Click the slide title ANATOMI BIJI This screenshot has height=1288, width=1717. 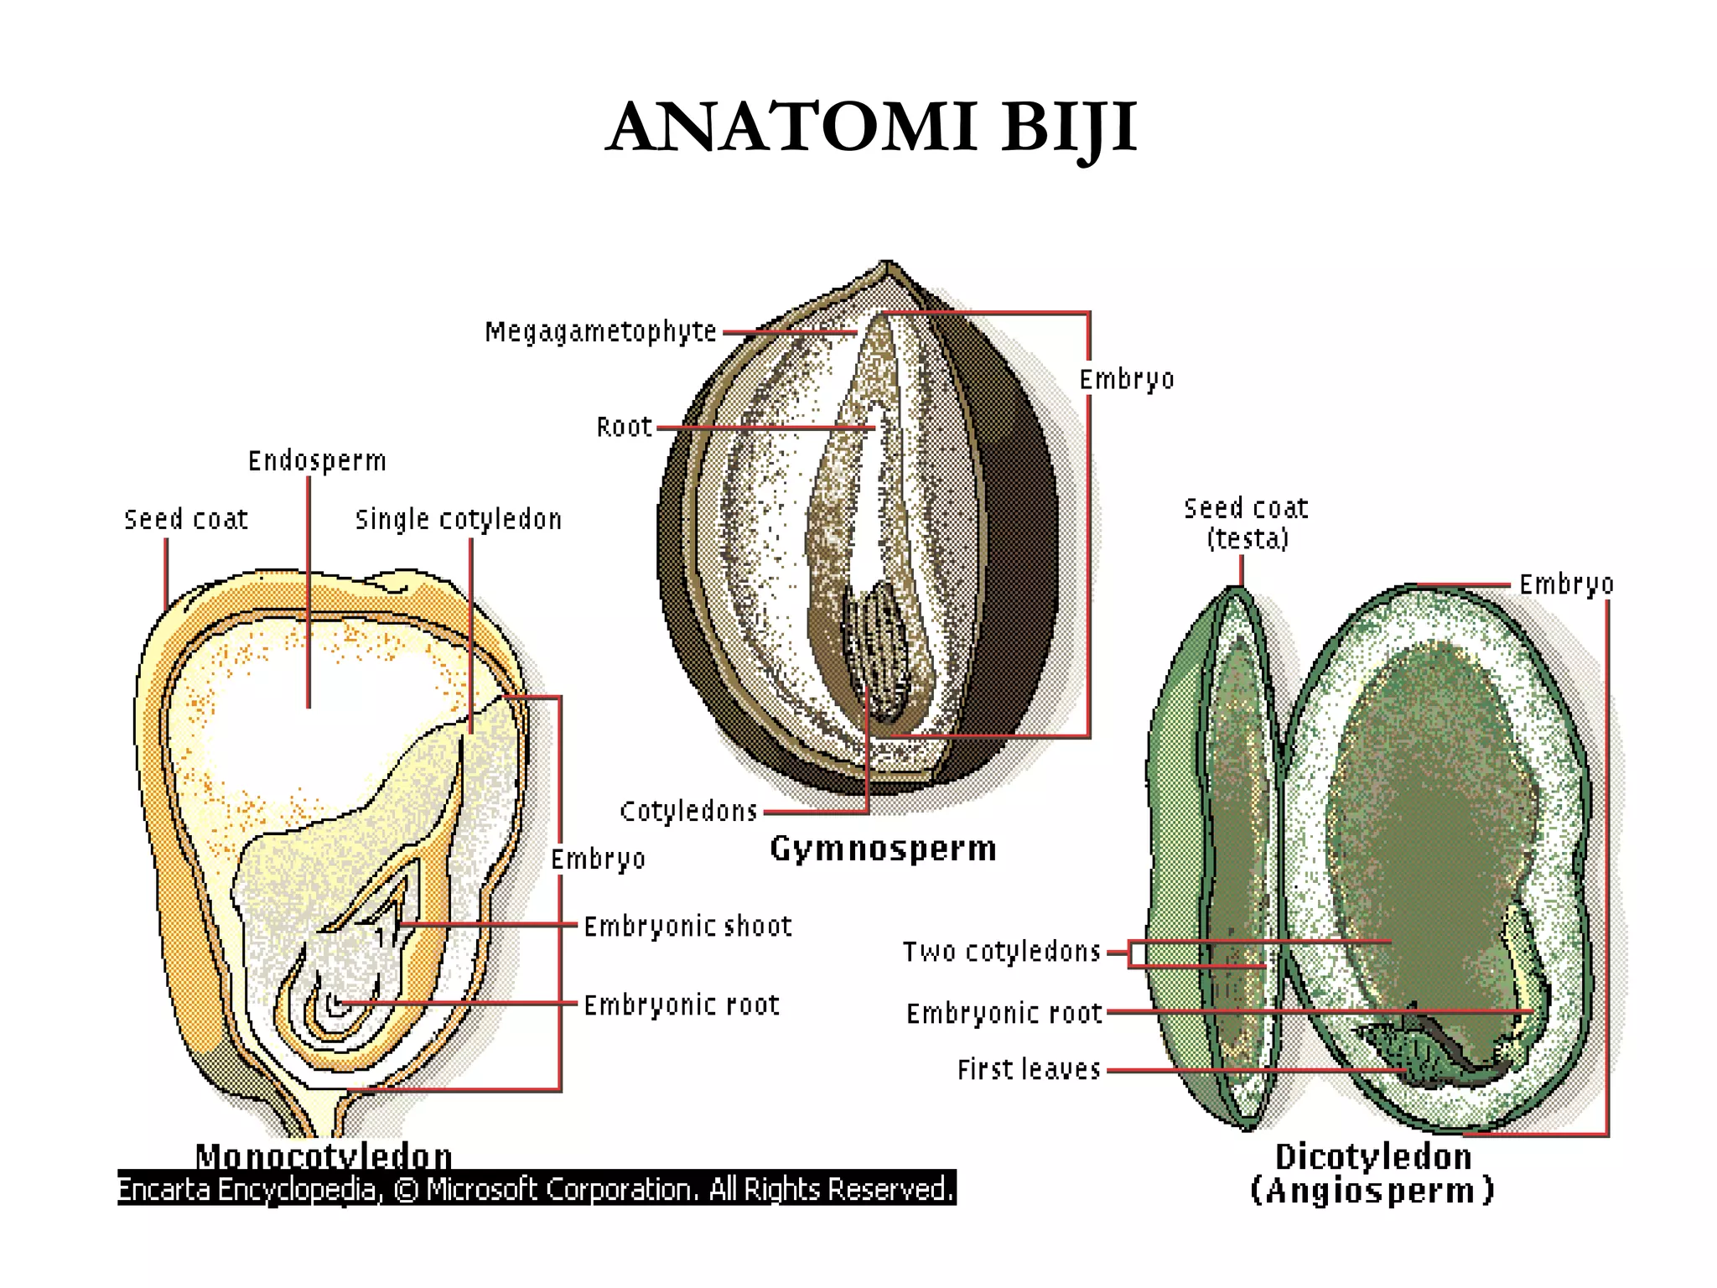871,127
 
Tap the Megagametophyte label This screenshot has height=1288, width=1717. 601,332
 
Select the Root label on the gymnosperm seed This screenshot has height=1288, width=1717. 624,427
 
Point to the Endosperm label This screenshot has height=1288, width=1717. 317,461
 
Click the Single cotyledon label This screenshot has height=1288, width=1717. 459,520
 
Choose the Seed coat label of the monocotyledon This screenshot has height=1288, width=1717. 186,520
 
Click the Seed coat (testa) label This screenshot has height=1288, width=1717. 1247,523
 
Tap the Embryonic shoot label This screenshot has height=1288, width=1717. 687,927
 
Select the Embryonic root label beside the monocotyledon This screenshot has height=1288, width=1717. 682,1005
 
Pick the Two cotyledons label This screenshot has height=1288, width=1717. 1002,952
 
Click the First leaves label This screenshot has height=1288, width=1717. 1029,1069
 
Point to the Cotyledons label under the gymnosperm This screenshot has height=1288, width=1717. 688,811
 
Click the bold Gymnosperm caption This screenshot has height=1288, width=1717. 884,849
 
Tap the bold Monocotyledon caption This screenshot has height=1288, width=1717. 324,1156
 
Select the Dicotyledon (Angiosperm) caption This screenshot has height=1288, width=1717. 1372,1174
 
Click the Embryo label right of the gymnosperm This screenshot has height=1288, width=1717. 1126,380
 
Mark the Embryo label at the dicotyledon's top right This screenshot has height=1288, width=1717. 1566,584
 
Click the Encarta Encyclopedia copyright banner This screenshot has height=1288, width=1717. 537,1188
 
